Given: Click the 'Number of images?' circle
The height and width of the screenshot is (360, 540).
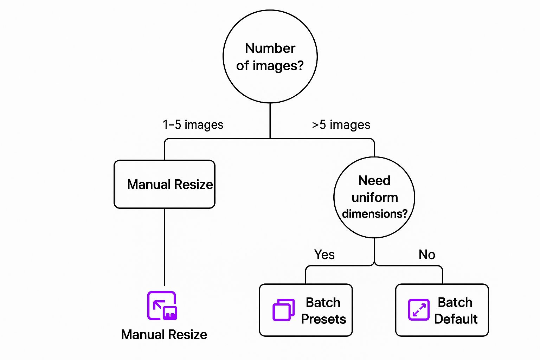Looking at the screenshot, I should [x=270, y=57].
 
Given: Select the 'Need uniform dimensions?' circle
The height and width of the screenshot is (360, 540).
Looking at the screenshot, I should [x=374, y=197].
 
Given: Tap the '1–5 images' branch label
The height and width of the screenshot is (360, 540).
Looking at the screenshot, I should [x=193, y=125].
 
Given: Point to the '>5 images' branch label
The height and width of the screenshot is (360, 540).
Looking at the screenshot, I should [x=341, y=125].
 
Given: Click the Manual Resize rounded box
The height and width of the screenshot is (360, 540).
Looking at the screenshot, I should [x=164, y=184].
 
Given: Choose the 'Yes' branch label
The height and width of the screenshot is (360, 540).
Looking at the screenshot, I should [x=324, y=255].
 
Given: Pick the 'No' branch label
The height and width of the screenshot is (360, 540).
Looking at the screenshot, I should [x=427, y=255].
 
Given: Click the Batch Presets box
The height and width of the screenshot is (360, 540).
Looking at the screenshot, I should [x=306, y=310].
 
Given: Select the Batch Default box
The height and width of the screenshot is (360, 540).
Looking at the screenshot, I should [x=442, y=310].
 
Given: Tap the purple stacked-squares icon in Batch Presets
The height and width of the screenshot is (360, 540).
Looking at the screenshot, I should [x=283, y=310].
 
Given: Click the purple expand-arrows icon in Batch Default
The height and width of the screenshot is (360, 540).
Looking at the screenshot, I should [x=419, y=310].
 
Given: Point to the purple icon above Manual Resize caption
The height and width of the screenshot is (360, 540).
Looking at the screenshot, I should [x=162, y=306].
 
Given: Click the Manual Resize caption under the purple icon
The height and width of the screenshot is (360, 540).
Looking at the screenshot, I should [x=164, y=334].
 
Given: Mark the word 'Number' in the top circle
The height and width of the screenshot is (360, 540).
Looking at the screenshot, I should [x=270, y=48].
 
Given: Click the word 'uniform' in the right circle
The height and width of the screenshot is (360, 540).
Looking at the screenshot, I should [x=375, y=198].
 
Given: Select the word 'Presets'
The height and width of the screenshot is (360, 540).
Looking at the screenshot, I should [x=323, y=319].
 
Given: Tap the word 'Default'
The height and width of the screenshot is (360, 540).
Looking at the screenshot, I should [x=456, y=319].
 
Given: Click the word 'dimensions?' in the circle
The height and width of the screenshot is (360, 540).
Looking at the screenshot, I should [x=375, y=214].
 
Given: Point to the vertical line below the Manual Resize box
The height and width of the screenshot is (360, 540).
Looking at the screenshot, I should [x=164, y=246].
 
